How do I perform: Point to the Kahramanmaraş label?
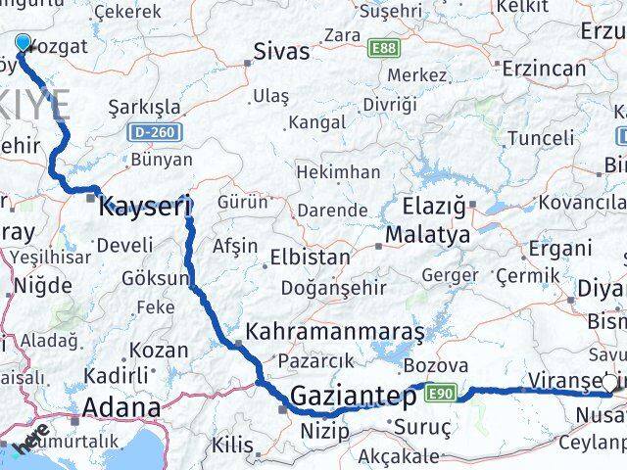tap(335, 332)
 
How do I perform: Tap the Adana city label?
tap(121, 407)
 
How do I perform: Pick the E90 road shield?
tap(441, 392)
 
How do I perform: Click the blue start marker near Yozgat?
tap(23, 42)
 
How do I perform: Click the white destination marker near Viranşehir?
tap(611, 383)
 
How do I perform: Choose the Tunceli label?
tap(541, 139)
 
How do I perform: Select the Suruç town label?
tap(422, 427)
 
